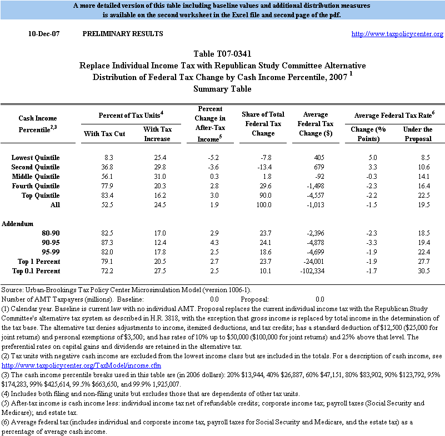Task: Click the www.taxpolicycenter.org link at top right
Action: [397, 34]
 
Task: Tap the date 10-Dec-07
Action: [44, 34]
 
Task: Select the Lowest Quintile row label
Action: [36, 158]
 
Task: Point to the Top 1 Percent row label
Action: [38, 262]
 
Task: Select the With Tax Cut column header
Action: [99, 133]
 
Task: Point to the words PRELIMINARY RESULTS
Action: [123, 34]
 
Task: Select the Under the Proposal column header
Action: [417, 133]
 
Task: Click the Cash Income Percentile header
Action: [38, 123]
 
